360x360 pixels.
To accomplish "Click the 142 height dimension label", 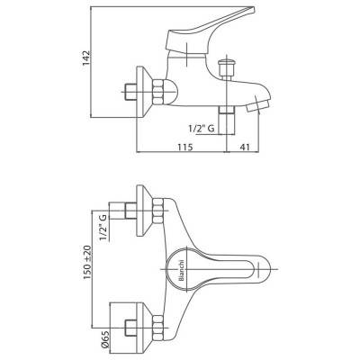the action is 86,58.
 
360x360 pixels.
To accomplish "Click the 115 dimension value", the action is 184,147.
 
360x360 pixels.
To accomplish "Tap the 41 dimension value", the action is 245,147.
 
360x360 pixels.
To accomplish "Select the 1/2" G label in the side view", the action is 202,129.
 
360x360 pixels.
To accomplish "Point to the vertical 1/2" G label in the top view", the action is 103,228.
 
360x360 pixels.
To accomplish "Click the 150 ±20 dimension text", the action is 87,263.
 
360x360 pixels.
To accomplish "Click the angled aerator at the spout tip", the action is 256,105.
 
